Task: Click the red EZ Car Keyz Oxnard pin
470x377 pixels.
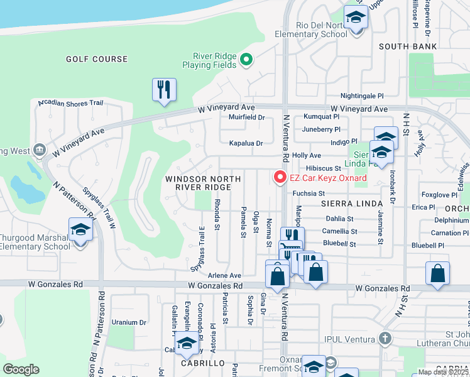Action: tap(280, 178)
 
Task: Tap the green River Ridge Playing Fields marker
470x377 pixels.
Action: tap(247, 60)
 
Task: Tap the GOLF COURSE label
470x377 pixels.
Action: tap(97, 59)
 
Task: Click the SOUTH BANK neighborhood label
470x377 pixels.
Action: tap(408, 46)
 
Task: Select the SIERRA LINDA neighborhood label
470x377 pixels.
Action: tap(352, 204)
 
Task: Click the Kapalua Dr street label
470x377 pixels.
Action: tap(246, 143)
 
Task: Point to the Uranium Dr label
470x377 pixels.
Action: tap(129, 322)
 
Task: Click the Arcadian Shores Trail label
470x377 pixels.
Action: tap(70, 102)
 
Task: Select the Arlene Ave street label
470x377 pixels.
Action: tap(225, 275)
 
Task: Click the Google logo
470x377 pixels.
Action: tap(21, 369)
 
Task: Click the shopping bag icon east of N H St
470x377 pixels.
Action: tap(437, 273)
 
